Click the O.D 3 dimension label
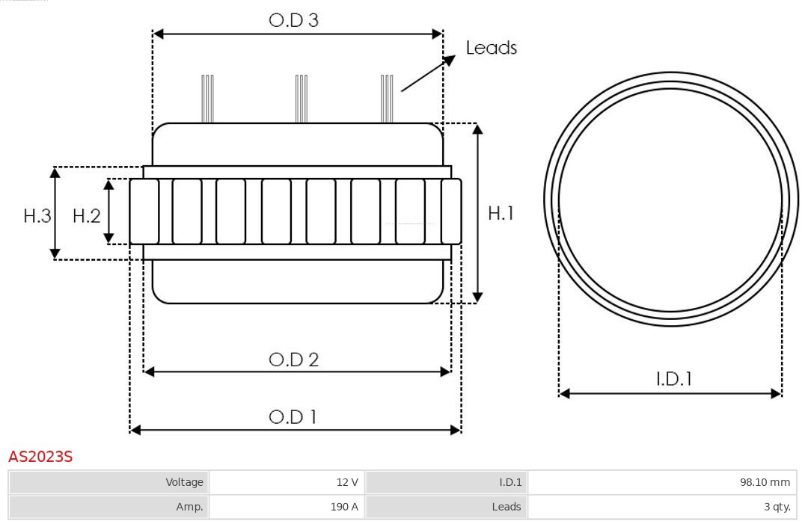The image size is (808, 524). point(293,20)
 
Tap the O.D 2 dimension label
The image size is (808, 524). point(293,360)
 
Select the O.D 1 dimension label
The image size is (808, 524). point(293,417)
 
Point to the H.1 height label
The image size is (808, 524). point(501,213)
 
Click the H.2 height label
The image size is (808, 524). point(86,216)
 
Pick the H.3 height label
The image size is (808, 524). point(37,216)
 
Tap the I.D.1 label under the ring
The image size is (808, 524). point(673,379)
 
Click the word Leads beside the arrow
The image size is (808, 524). point(491,48)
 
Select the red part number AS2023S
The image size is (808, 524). point(40,457)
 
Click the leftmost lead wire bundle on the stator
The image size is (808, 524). point(207,99)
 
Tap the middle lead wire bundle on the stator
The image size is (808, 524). point(302,99)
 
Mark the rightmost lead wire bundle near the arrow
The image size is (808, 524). point(387,99)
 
